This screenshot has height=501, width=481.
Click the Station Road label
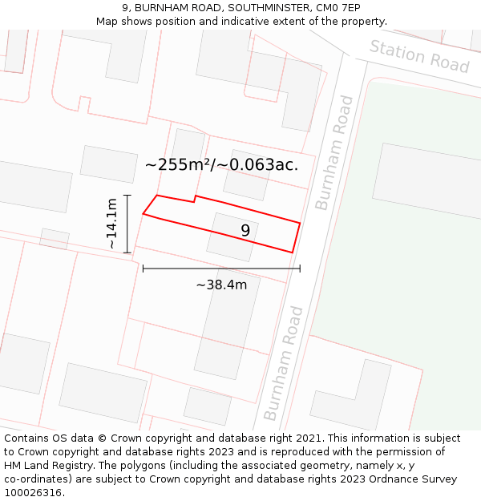(x=418, y=55)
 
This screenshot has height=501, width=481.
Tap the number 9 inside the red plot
(x=245, y=231)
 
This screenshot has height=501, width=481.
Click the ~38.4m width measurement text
(x=221, y=285)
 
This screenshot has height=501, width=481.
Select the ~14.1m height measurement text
(x=111, y=224)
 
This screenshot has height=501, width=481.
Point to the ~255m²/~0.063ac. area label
(x=221, y=165)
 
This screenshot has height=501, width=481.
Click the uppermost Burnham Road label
(x=334, y=152)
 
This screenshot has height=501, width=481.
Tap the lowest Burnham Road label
(x=284, y=362)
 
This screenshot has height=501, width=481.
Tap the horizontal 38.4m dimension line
(x=221, y=269)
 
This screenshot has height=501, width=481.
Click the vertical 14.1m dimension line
(x=127, y=224)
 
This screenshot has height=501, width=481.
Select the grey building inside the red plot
(x=232, y=236)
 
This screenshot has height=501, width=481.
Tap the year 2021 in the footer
(x=308, y=438)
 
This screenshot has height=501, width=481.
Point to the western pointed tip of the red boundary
(x=143, y=213)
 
